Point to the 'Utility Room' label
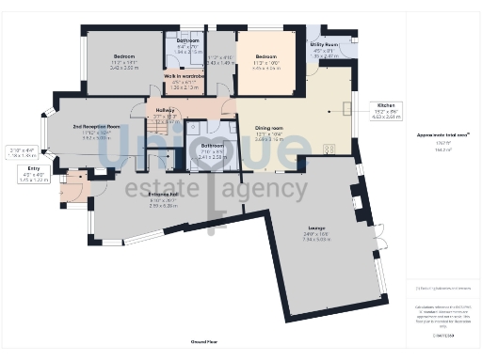[326, 44]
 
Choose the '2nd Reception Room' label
[98, 125]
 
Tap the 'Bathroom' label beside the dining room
[211, 146]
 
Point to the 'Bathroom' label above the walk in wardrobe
[186, 40]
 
